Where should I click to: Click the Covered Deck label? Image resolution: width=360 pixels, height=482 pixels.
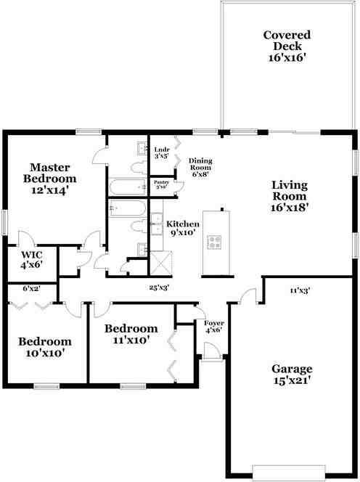(x=287, y=46)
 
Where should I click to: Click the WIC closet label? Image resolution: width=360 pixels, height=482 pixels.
(x=31, y=260)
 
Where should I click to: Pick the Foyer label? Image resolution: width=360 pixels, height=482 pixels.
(x=214, y=327)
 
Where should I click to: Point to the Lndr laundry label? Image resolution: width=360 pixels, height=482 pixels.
(x=161, y=152)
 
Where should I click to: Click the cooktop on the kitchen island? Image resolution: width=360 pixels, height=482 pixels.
(x=215, y=242)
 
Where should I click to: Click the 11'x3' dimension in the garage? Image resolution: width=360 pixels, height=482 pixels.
(x=300, y=290)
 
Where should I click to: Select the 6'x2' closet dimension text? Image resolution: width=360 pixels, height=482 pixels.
(x=31, y=289)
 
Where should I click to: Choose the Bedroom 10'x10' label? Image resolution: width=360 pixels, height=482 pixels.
(x=45, y=347)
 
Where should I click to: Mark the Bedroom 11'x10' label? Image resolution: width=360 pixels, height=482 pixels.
(x=131, y=333)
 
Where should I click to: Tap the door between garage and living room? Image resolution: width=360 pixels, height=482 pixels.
(x=248, y=296)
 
